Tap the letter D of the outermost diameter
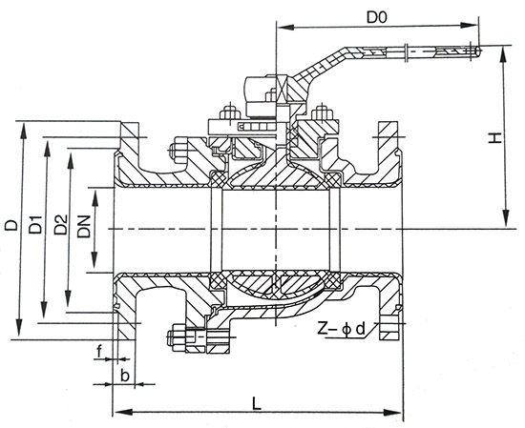[10, 226]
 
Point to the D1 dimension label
[34, 226]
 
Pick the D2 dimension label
[59, 226]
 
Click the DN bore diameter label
[85, 227]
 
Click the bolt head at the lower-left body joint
[176, 336]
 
